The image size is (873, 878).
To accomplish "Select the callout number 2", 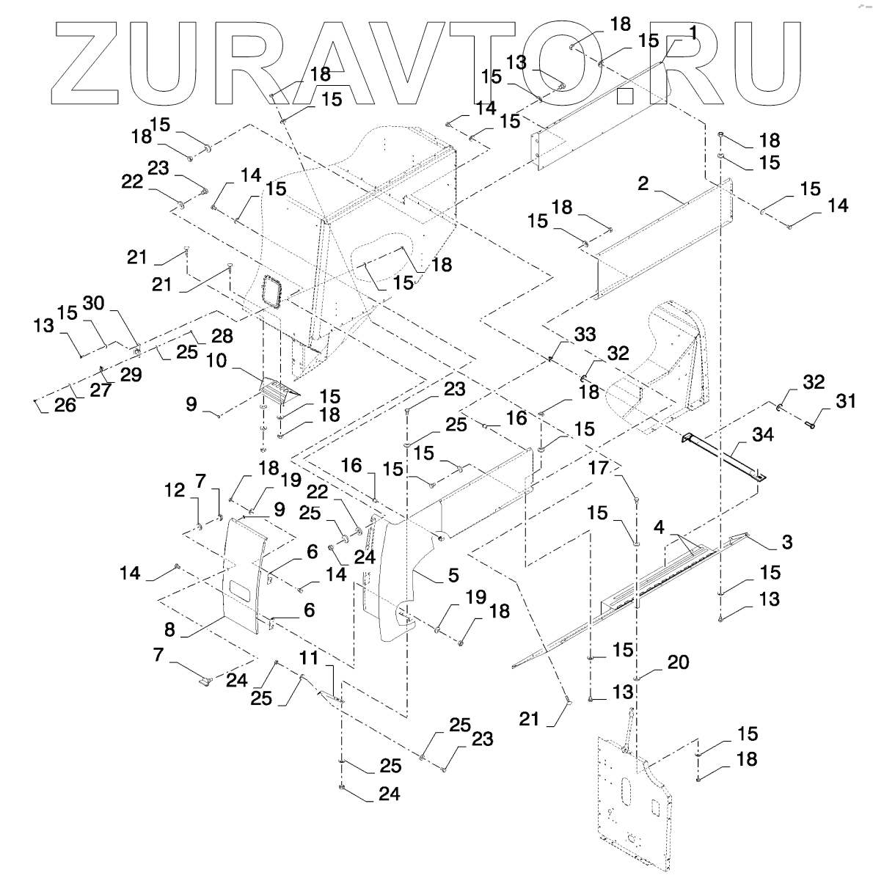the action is pos(643,184).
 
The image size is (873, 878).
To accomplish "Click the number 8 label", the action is pos(169,629).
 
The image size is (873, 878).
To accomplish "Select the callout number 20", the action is pos(678,662).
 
